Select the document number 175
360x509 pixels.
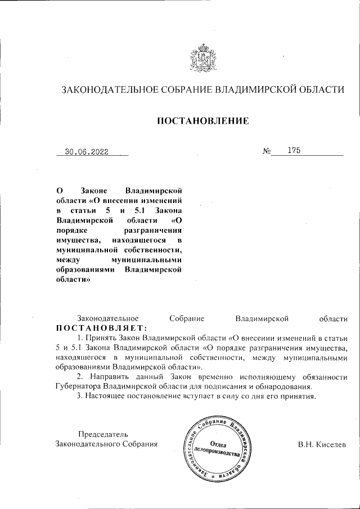294,150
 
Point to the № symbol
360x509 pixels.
267,151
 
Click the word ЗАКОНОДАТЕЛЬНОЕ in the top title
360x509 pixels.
109,89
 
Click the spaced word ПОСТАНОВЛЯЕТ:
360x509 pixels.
101,328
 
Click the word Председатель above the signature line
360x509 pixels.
102,434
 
